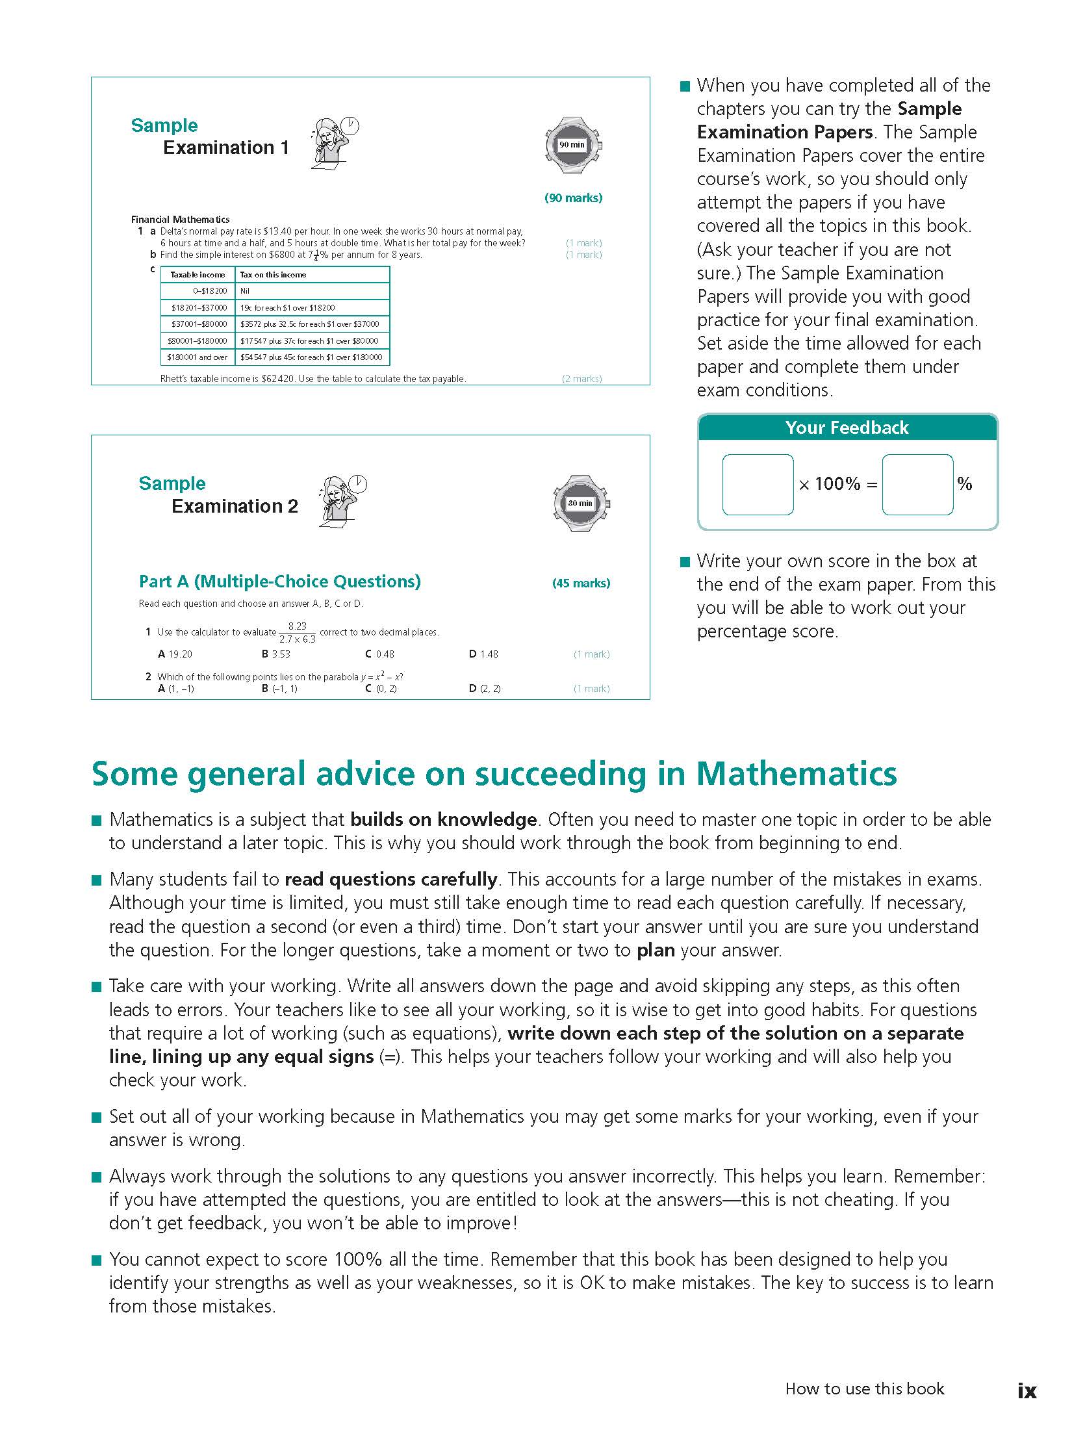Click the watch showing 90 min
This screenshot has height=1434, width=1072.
click(x=572, y=145)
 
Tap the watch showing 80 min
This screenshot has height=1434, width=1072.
click(x=581, y=503)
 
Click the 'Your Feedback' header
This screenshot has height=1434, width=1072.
click(x=847, y=428)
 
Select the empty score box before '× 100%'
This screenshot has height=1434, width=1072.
click(x=758, y=484)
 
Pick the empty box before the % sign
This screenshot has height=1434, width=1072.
click(x=917, y=484)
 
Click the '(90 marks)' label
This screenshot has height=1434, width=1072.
click(x=573, y=198)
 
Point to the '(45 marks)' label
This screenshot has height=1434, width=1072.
click(x=581, y=583)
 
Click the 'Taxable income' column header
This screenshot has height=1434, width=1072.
click(x=198, y=275)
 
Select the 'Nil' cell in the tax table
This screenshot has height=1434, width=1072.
click(x=245, y=291)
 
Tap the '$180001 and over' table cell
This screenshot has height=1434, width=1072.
click(x=198, y=357)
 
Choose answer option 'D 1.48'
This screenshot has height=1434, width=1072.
click(x=483, y=654)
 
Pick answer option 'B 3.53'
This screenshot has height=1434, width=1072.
click(x=276, y=654)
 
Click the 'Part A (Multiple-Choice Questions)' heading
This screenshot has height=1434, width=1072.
click(x=279, y=582)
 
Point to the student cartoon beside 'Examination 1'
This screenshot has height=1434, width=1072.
click(x=333, y=144)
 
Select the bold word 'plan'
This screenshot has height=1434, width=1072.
click(x=656, y=950)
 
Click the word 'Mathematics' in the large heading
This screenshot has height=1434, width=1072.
click(x=796, y=774)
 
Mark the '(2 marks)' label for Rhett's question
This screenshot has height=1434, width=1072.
click(x=581, y=379)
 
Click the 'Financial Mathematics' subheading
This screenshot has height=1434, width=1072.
click(x=180, y=220)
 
